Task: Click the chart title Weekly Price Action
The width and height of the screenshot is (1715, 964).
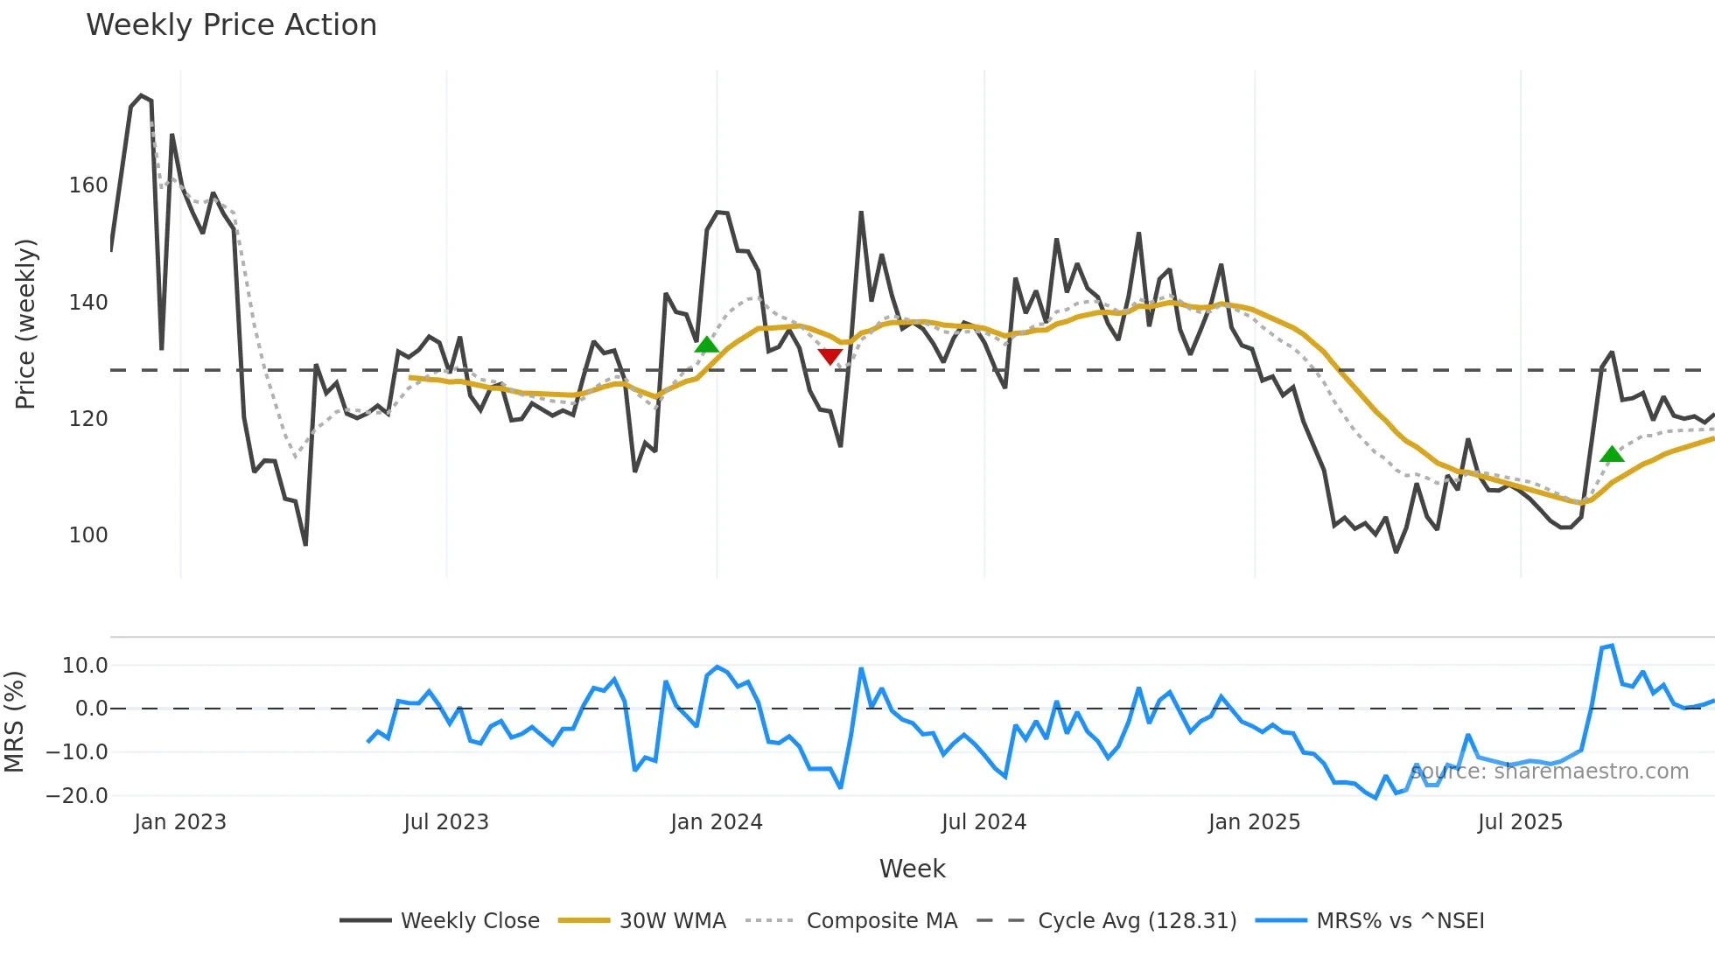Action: [x=231, y=25]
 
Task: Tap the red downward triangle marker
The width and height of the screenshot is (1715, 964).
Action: [x=829, y=356]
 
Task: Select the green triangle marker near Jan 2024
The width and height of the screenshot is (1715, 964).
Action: [x=706, y=345]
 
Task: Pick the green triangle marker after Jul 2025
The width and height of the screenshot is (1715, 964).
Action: [x=1612, y=454]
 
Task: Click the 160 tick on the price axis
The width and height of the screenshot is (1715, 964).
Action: [x=88, y=185]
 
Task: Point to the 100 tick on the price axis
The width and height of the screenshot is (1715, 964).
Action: [x=88, y=534]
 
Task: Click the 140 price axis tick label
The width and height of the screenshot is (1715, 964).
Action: [x=88, y=303]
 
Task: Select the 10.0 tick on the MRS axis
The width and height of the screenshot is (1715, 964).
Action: [x=85, y=666]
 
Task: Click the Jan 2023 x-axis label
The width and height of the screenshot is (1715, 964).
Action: [x=180, y=822]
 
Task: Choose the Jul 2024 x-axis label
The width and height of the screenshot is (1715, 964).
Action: [x=983, y=822]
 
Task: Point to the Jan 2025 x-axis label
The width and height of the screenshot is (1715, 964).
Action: [x=1254, y=822]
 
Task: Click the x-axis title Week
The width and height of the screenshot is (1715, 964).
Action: [x=912, y=869]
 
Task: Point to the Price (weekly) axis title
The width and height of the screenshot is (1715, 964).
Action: [x=25, y=324]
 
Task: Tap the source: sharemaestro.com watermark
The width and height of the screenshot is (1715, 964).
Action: [x=1550, y=772]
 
